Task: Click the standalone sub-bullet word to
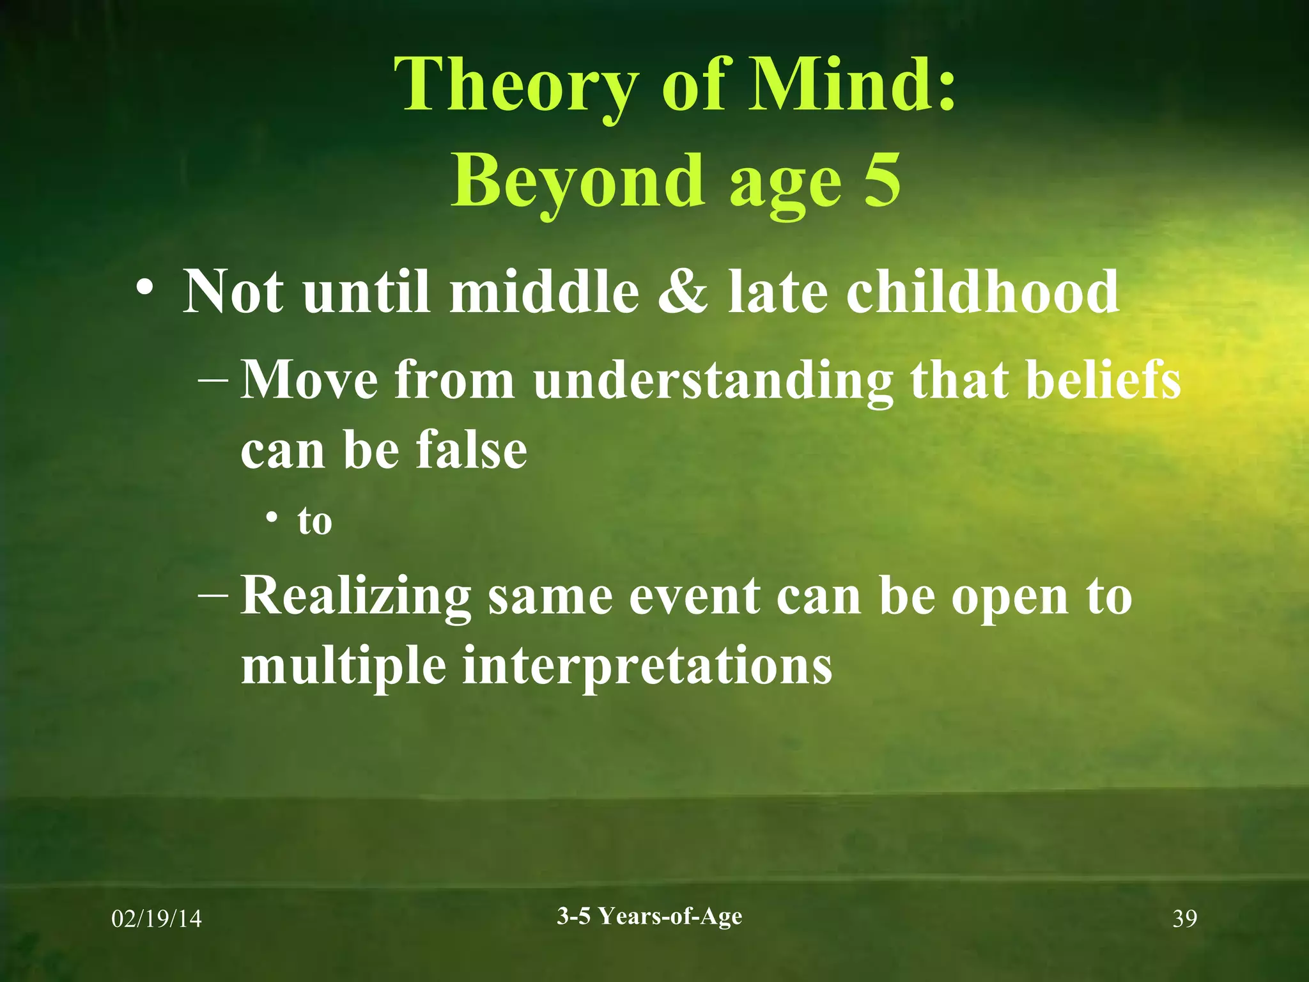[314, 521]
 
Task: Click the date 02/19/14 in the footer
[157, 919]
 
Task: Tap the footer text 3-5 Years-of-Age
[649, 916]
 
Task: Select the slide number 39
[1184, 919]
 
